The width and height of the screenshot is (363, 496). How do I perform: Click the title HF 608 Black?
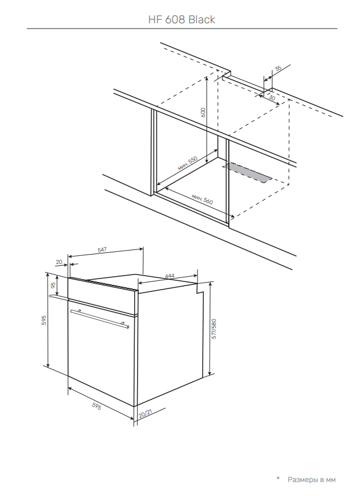point(182,20)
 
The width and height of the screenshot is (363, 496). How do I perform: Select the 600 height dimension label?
point(203,112)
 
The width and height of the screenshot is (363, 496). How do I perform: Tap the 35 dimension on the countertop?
point(278,69)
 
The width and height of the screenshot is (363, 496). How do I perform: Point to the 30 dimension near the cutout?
point(272,98)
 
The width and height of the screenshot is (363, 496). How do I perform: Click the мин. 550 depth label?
point(188,163)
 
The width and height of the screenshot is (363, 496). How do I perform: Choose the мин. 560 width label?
point(202,199)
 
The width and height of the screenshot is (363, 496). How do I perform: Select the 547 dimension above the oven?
point(102,249)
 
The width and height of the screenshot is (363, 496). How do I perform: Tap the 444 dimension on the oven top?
point(170,276)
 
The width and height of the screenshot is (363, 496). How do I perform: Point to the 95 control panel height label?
point(53,284)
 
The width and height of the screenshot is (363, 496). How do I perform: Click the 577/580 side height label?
point(214,329)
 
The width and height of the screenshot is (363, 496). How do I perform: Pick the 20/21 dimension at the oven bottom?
point(145,413)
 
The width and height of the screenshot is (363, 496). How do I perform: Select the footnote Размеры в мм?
point(311,480)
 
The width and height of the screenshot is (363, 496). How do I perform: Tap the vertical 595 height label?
point(44,320)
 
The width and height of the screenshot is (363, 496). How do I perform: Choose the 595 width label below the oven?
point(96,406)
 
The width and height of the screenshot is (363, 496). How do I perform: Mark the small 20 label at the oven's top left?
point(59,262)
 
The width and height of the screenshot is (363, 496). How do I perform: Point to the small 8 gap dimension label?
point(51,296)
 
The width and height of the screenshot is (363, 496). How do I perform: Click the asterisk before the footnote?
point(278,479)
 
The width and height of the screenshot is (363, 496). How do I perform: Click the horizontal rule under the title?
point(182,29)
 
